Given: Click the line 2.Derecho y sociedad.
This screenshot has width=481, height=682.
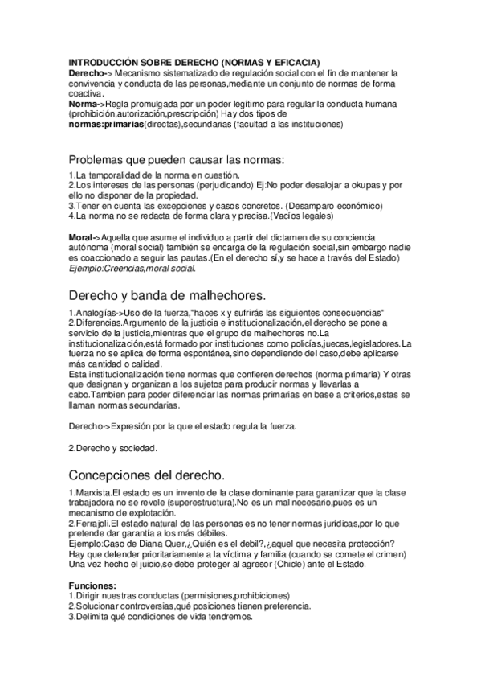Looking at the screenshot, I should click(112, 447).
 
